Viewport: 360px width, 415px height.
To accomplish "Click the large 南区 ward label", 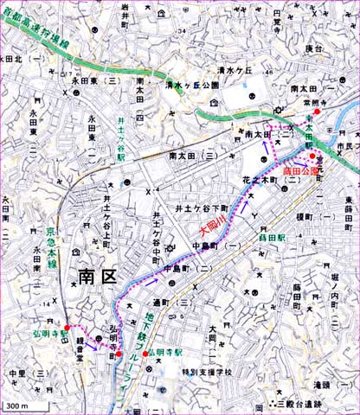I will click(x=97, y=276).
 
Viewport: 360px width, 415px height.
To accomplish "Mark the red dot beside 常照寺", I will click(x=318, y=112).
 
